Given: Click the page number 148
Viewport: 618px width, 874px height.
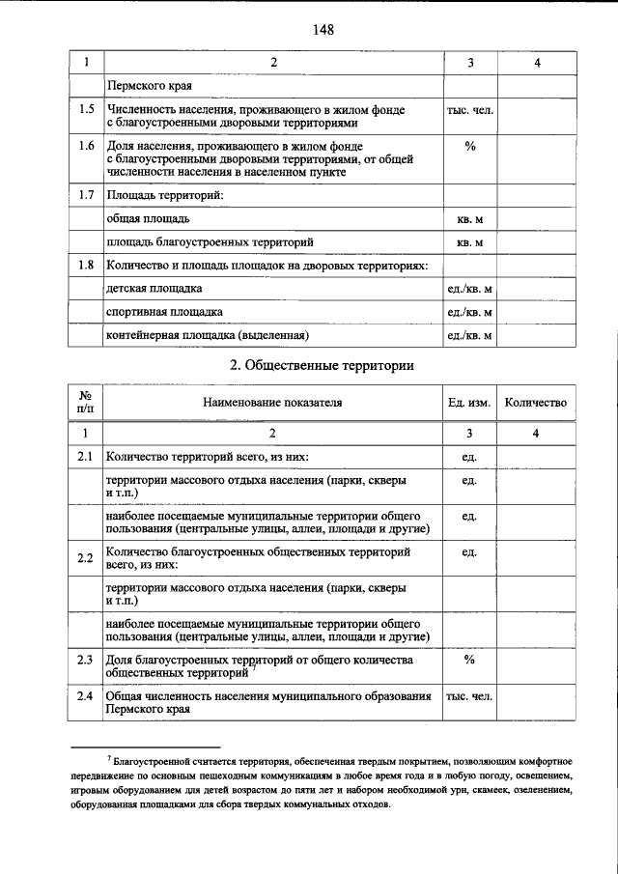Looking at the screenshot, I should point(323,30).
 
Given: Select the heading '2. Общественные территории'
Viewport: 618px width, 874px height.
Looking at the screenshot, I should point(323,366).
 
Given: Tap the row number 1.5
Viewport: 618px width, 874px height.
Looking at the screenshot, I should point(86,111).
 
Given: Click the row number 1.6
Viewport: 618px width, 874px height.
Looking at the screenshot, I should point(86,146).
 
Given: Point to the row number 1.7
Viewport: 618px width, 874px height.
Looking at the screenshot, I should point(86,196).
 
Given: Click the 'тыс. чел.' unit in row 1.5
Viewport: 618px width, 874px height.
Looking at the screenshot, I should point(470,111).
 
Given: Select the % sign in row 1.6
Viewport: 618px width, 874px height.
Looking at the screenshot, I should point(470,146).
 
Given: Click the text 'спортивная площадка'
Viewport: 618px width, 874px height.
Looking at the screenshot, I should point(164,312).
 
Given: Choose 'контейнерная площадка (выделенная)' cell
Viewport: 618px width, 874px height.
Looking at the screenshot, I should point(207,335).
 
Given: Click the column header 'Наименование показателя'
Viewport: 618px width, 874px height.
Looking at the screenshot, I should point(272,403).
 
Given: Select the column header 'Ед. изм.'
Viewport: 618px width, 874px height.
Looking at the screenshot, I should point(470,403).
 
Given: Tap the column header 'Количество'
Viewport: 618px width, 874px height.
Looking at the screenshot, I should point(536,403).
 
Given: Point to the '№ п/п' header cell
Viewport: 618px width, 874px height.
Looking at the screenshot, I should point(86,403).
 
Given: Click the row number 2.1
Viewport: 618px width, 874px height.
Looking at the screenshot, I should point(86,456).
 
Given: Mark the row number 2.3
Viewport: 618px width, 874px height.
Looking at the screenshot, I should point(86,662).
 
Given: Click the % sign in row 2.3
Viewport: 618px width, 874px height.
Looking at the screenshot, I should point(470,661).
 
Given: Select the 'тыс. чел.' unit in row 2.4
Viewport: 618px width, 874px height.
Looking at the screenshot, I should point(470,696).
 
